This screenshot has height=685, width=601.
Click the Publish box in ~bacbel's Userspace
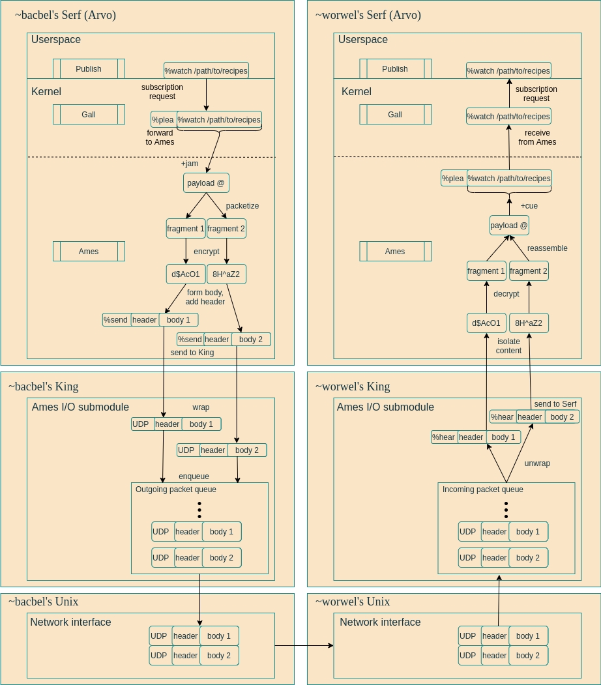tap(89, 69)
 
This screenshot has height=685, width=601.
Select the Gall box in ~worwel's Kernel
tap(395, 115)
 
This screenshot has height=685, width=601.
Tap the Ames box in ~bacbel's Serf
tap(89, 252)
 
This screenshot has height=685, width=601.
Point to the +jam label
tap(190, 164)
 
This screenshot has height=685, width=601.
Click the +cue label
tap(529, 206)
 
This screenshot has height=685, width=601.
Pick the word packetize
tap(242, 206)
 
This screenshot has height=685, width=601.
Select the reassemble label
tap(547, 248)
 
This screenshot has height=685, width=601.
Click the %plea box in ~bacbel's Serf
tap(163, 120)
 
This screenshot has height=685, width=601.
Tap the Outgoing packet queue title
tap(175, 489)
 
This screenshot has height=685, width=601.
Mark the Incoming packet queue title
tap(482, 489)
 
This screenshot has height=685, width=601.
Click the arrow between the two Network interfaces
tap(304, 646)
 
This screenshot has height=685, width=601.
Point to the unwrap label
tap(537, 463)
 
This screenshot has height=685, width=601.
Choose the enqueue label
tap(194, 476)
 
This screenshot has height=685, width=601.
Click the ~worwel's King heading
tap(353, 386)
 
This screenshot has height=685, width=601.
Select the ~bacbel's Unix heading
tap(43, 602)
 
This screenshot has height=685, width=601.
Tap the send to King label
tap(192, 353)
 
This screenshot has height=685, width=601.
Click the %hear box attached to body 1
tap(444, 437)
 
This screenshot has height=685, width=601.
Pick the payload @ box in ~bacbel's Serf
tap(206, 183)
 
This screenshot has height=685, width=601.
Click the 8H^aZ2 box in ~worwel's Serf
tap(529, 323)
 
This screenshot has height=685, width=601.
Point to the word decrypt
tap(506, 294)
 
